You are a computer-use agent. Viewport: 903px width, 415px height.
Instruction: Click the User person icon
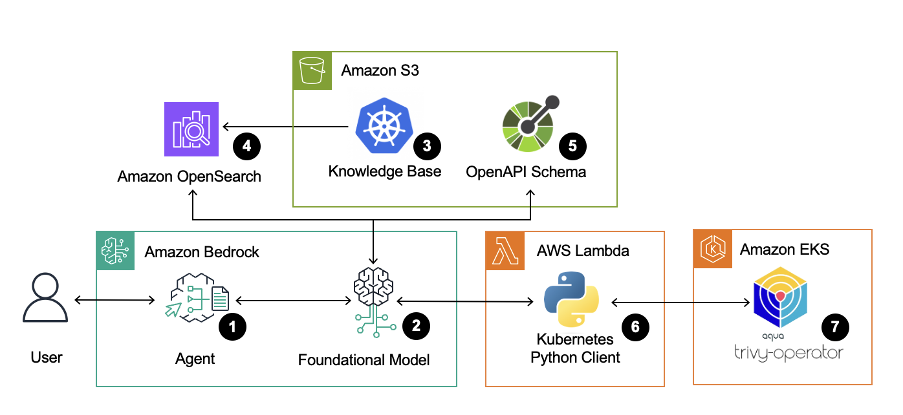46,297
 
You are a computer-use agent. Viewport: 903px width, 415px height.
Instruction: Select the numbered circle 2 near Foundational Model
416,326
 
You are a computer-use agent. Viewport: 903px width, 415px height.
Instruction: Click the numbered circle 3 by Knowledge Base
427,145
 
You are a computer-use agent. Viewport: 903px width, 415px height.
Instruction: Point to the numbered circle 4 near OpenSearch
246,146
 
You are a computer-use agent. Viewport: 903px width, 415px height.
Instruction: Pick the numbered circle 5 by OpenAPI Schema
572,145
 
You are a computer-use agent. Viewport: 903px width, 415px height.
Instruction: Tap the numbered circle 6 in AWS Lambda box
635,327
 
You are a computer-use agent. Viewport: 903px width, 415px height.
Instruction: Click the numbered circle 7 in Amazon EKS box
835,327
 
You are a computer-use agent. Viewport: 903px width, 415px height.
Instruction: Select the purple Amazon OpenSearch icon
191,129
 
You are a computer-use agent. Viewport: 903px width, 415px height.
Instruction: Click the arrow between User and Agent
115,300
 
